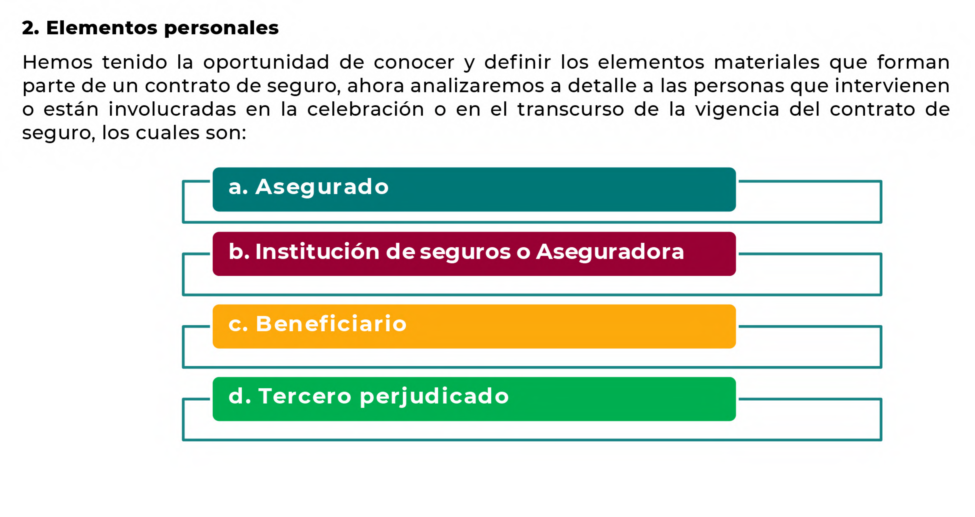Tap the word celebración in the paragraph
tap(366, 109)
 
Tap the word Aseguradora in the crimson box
tap(610, 252)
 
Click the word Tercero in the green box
tap(305, 397)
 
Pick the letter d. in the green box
tap(240, 397)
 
